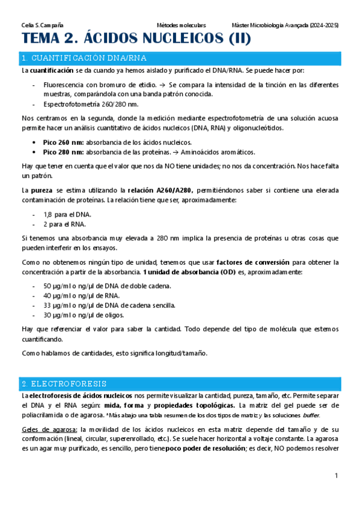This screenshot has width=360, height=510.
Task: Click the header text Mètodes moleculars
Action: pos(181,25)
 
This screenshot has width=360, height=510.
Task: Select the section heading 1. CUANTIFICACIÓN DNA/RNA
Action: pos(82,58)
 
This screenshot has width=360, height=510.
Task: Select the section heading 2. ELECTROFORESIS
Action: pos(63,383)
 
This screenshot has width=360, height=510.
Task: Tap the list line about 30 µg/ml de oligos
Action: pos(84,315)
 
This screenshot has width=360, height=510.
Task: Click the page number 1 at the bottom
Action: pos(337,476)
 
